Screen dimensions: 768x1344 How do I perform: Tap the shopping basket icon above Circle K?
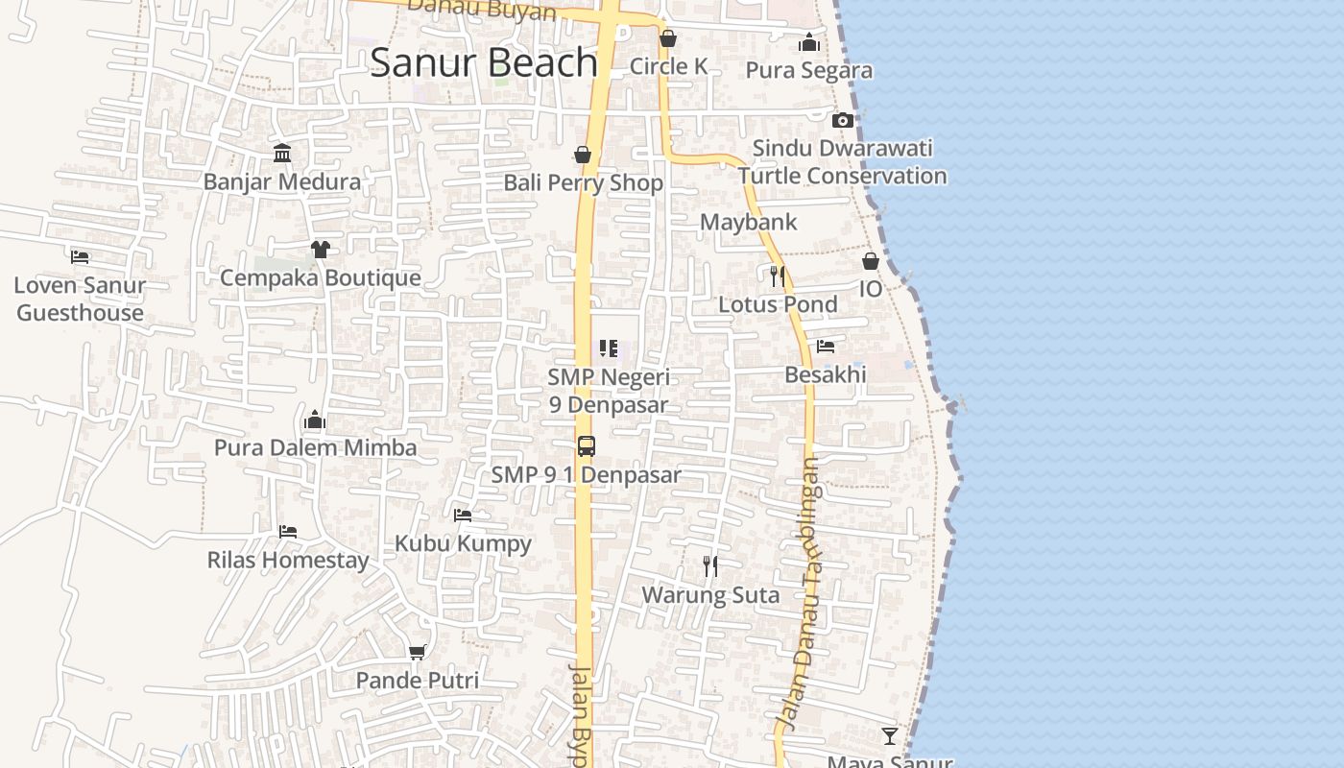pyautogui.click(x=668, y=38)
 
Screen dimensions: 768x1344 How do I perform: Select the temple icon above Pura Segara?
pyautogui.click(x=809, y=42)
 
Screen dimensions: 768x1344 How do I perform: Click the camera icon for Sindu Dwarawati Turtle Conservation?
pyautogui.click(x=842, y=120)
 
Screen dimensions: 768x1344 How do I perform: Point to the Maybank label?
pyautogui.click(x=748, y=222)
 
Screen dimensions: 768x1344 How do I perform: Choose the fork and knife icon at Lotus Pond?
pyautogui.click(x=778, y=276)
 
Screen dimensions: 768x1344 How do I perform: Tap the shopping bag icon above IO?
pyautogui.click(x=871, y=261)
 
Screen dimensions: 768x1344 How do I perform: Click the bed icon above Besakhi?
pyautogui.click(x=826, y=347)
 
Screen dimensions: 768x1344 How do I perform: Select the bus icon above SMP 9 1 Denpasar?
pyautogui.click(x=586, y=446)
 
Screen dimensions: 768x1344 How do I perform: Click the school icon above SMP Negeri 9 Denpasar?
pyautogui.click(x=609, y=348)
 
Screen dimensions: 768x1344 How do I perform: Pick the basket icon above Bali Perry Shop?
pyautogui.click(x=583, y=155)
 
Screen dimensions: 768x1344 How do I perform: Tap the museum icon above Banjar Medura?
pyautogui.click(x=282, y=154)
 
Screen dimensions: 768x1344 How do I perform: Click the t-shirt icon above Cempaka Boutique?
pyautogui.click(x=321, y=250)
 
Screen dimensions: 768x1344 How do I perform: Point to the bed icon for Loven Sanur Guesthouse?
pyautogui.click(x=80, y=257)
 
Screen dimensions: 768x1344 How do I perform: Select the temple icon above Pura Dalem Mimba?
pyautogui.click(x=315, y=420)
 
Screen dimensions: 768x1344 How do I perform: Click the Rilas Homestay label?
pyautogui.click(x=288, y=560)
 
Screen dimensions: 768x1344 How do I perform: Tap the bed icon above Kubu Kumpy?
pyautogui.click(x=463, y=516)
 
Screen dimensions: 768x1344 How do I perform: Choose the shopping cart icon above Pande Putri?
pyautogui.click(x=417, y=653)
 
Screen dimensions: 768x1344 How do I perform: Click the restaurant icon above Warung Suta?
pyautogui.click(x=710, y=566)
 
